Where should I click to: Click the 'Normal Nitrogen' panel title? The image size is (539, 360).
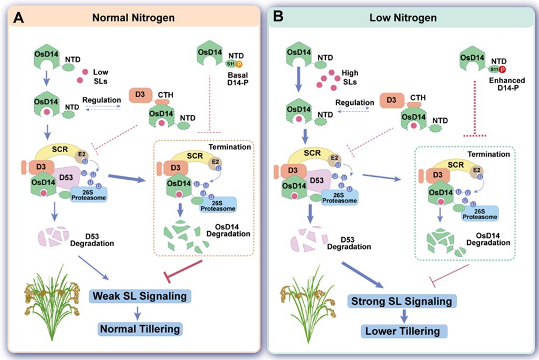[133, 17]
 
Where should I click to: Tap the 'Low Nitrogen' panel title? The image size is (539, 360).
[400, 17]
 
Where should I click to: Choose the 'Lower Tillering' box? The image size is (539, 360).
[399, 331]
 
